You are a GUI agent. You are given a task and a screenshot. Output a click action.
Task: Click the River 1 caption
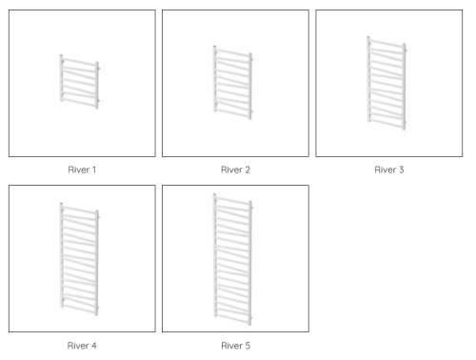pos(82,170)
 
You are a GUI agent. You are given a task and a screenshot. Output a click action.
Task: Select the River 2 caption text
pos(235,170)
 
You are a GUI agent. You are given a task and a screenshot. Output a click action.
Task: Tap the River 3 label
pos(389,170)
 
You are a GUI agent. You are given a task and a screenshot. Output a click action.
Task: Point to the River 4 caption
pos(82,346)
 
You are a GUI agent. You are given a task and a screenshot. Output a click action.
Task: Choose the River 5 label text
pos(235,346)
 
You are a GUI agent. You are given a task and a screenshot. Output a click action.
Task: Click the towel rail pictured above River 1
pos(80,82)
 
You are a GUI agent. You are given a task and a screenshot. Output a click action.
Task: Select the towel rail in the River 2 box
pos(233,83)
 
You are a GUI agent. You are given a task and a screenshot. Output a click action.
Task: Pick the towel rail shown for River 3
pos(387,83)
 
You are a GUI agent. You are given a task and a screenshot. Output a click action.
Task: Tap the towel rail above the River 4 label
pos(79,259)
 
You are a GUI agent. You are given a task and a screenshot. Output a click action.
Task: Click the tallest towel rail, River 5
pos(233,259)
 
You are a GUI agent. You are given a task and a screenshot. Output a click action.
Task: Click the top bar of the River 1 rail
pos(79,62)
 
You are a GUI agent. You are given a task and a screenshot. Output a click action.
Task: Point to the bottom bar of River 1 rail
pos(79,103)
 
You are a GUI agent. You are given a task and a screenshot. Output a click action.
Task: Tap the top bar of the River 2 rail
pos(233,53)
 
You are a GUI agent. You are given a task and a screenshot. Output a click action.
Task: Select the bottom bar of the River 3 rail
pos(387,124)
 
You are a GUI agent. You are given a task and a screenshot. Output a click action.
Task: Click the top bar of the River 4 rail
pos(79,210)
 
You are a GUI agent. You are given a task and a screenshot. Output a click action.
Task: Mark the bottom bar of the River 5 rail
pos(233,319)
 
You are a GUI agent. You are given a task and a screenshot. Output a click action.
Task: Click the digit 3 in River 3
pos(402,170)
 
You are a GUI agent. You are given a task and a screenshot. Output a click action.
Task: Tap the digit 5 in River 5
pos(248,346)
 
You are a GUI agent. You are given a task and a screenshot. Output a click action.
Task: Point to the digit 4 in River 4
pos(94,346)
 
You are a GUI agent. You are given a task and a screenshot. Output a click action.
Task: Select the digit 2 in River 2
pos(248,170)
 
